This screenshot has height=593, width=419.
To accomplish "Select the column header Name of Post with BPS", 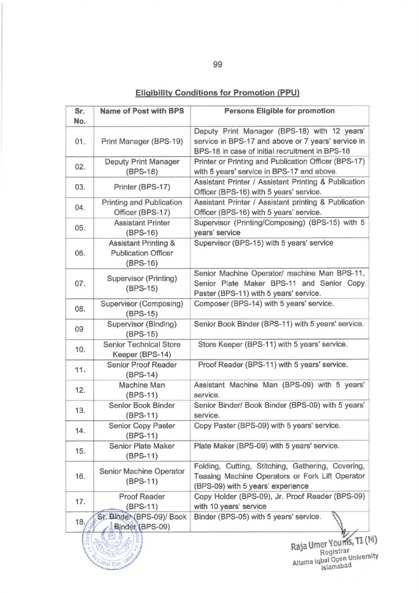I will click(x=142, y=111).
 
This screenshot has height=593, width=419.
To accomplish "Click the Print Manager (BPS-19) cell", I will click(x=142, y=141).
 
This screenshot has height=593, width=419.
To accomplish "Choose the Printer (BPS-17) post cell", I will click(x=142, y=186).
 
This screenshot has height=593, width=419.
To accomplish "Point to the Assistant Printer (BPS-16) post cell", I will click(x=142, y=227).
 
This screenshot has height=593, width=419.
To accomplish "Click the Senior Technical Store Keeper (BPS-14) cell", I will click(x=142, y=349).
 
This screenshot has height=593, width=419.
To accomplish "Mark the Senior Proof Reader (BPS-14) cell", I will click(x=142, y=369).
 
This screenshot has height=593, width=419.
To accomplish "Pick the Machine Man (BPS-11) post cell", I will click(x=142, y=390).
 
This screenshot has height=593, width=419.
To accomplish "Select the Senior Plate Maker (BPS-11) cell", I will click(x=142, y=451).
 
